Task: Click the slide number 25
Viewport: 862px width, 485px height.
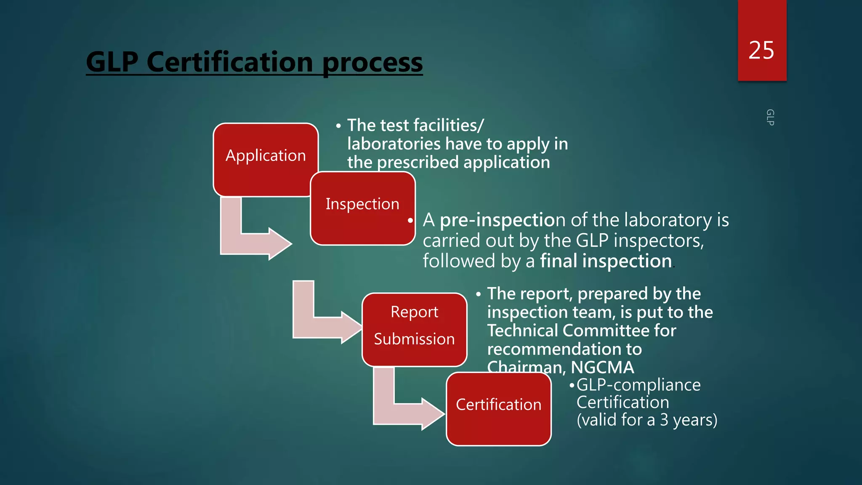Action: [761, 51]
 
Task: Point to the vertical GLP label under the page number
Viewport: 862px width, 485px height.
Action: [770, 117]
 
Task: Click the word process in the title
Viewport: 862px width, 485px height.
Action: [372, 62]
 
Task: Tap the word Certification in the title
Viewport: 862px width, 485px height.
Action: [230, 62]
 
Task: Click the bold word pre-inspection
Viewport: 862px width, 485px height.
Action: [497, 220]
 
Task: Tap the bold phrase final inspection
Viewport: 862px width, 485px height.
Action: [606, 261]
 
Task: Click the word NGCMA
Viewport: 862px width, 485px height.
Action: [602, 368]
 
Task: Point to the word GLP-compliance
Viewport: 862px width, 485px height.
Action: [639, 385]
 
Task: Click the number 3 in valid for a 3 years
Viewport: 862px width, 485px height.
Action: [664, 420]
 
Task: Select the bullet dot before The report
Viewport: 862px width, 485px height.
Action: [478, 294]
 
